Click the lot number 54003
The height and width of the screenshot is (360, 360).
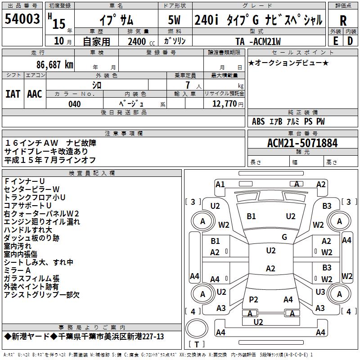22,19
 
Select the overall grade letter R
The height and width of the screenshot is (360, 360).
343,20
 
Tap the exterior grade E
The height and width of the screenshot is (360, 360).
335,40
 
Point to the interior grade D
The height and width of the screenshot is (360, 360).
350,40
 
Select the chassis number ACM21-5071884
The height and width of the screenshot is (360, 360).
302,143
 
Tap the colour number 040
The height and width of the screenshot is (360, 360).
74,104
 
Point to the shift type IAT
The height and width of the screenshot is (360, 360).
13,94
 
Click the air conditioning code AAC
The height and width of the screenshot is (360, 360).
35,94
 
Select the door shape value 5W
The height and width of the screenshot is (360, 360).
175,21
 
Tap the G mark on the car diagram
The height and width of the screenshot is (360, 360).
284,237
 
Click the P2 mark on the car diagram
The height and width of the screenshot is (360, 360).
253,299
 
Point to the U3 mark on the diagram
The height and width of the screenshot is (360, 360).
320,292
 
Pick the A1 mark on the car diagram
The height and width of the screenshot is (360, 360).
220,184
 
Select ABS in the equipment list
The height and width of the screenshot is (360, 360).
258,121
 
